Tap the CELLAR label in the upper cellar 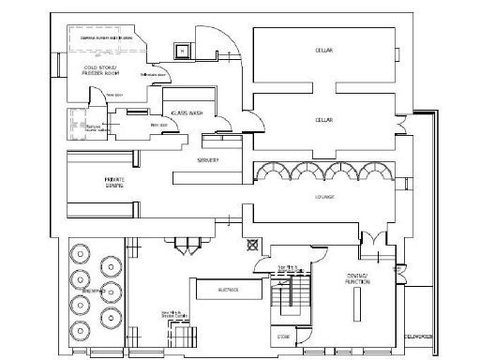(x=323, y=49)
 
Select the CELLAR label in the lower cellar (x=323, y=121)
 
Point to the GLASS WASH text (x=187, y=113)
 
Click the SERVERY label (x=207, y=160)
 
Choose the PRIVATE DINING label (x=114, y=181)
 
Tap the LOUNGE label (x=324, y=197)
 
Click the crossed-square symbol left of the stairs (x=251, y=245)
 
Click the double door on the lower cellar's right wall (x=401, y=125)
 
